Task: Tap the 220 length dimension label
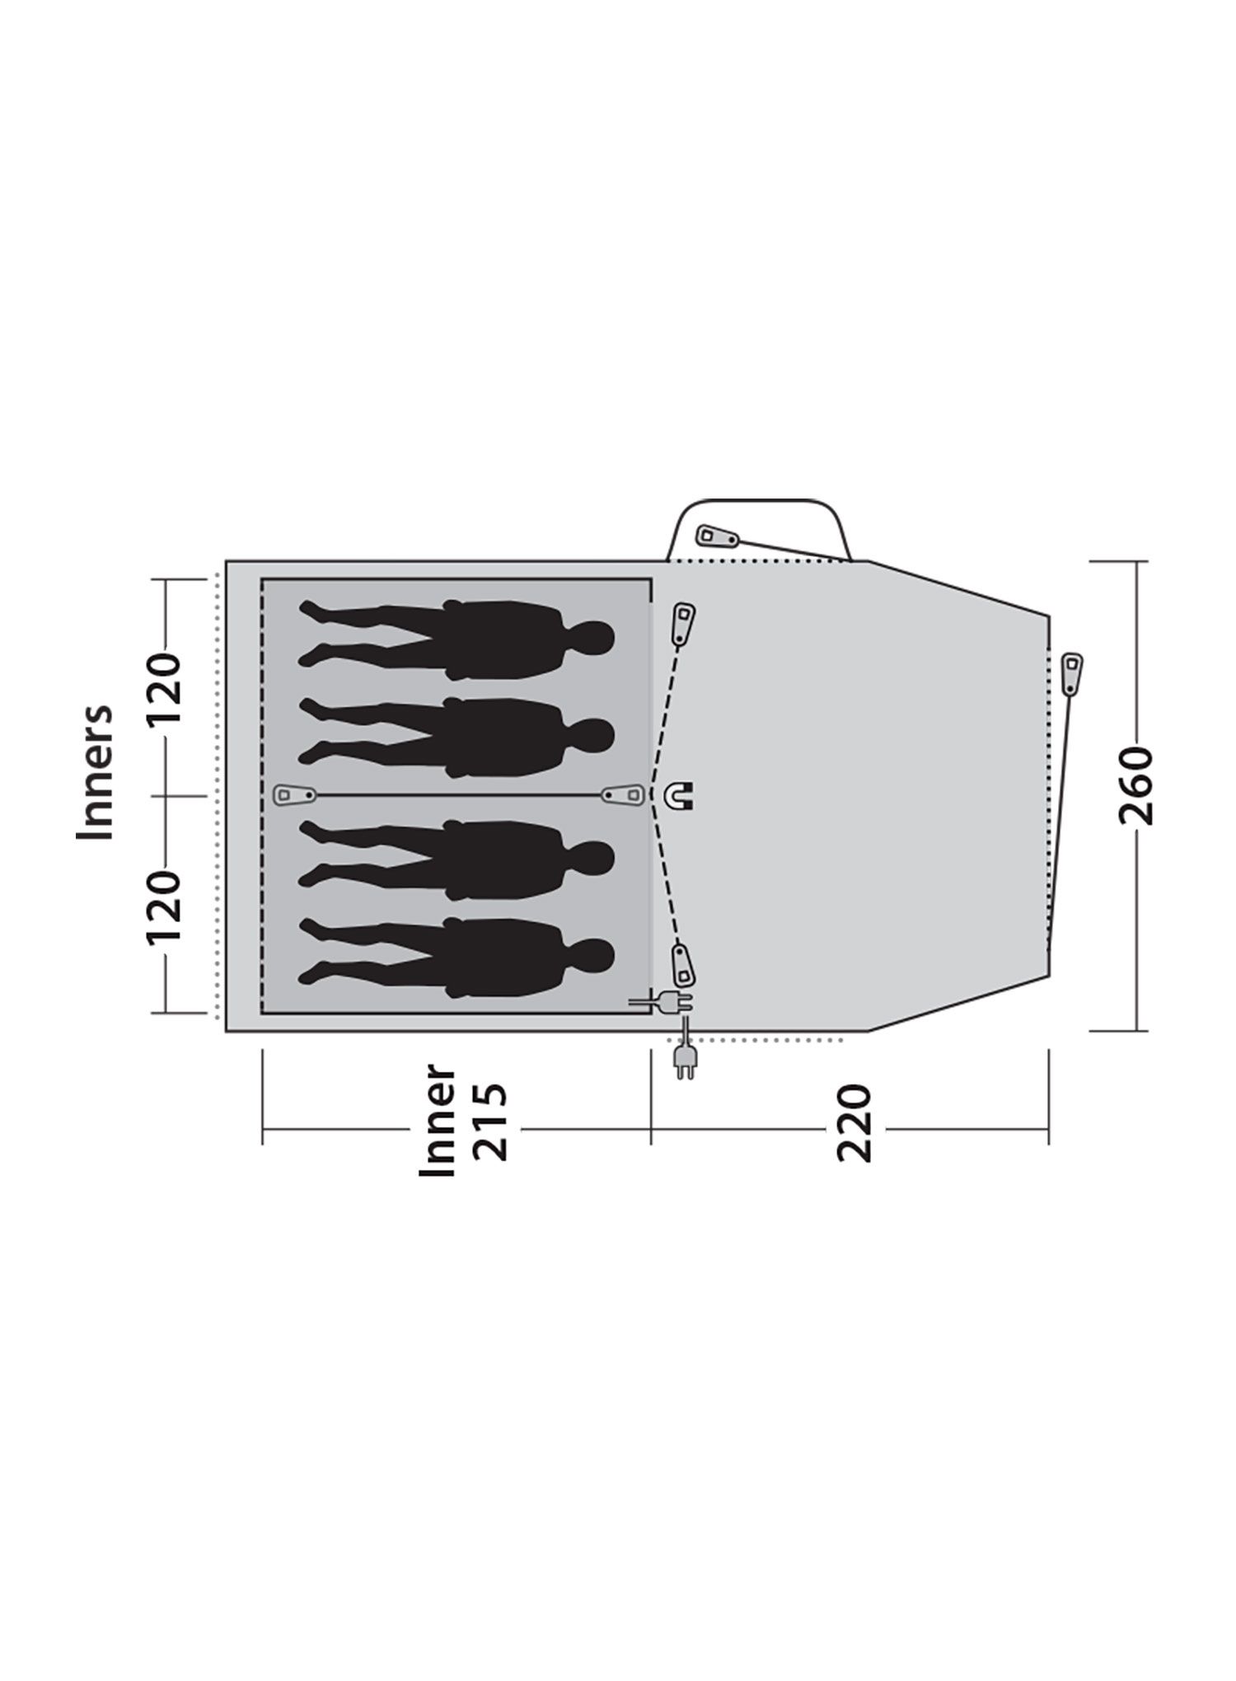tap(854, 1123)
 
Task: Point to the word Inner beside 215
tap(438, 1121)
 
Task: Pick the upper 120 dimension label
tap(162, 689)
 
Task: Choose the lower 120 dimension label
tap(162, 907)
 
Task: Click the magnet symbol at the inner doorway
tap(681, 795)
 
